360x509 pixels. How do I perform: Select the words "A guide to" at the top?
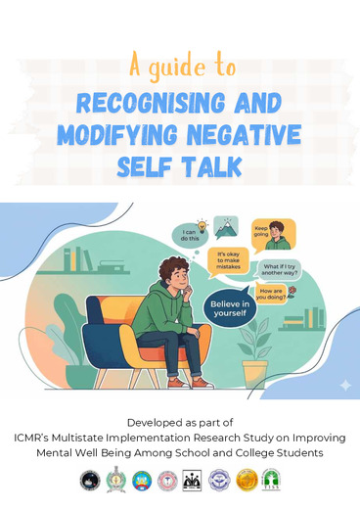pos(182,67)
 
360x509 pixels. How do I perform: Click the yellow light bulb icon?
pos(202,223)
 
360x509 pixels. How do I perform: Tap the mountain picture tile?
pos(227,228)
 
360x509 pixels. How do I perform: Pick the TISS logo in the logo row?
pos(271,480)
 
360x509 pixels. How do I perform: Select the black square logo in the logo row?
pos(193,480)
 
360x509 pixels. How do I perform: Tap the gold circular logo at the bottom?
pos(246,480)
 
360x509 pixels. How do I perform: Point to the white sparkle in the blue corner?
pos(344,385)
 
